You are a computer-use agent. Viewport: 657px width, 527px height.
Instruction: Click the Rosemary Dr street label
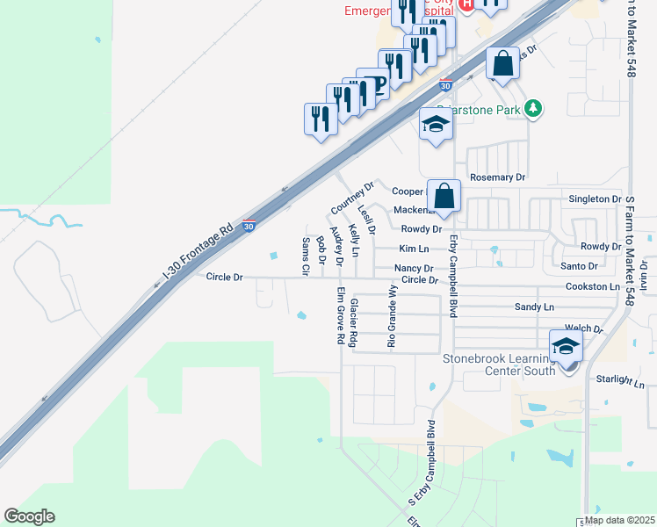point(497,177)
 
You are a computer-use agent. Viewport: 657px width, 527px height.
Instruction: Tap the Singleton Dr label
point(595,199)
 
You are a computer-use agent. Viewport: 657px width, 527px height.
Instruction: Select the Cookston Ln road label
point(593,286)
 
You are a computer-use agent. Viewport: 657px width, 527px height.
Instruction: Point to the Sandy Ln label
point(534,307)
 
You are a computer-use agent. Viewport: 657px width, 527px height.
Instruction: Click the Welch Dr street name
point(585,329)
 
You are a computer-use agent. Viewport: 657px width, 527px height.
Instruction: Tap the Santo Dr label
point(579,265)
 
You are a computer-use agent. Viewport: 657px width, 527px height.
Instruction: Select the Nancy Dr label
point(414,268)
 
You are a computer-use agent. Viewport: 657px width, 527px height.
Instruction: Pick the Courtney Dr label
point(352,198)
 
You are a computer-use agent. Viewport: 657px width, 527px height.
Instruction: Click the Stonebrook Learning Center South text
point(499,365)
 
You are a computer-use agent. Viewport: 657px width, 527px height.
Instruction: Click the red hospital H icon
point(466,4)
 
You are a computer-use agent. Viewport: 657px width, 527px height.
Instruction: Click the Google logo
point(29,516)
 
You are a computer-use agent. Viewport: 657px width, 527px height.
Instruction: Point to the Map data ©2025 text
point(619,520)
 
